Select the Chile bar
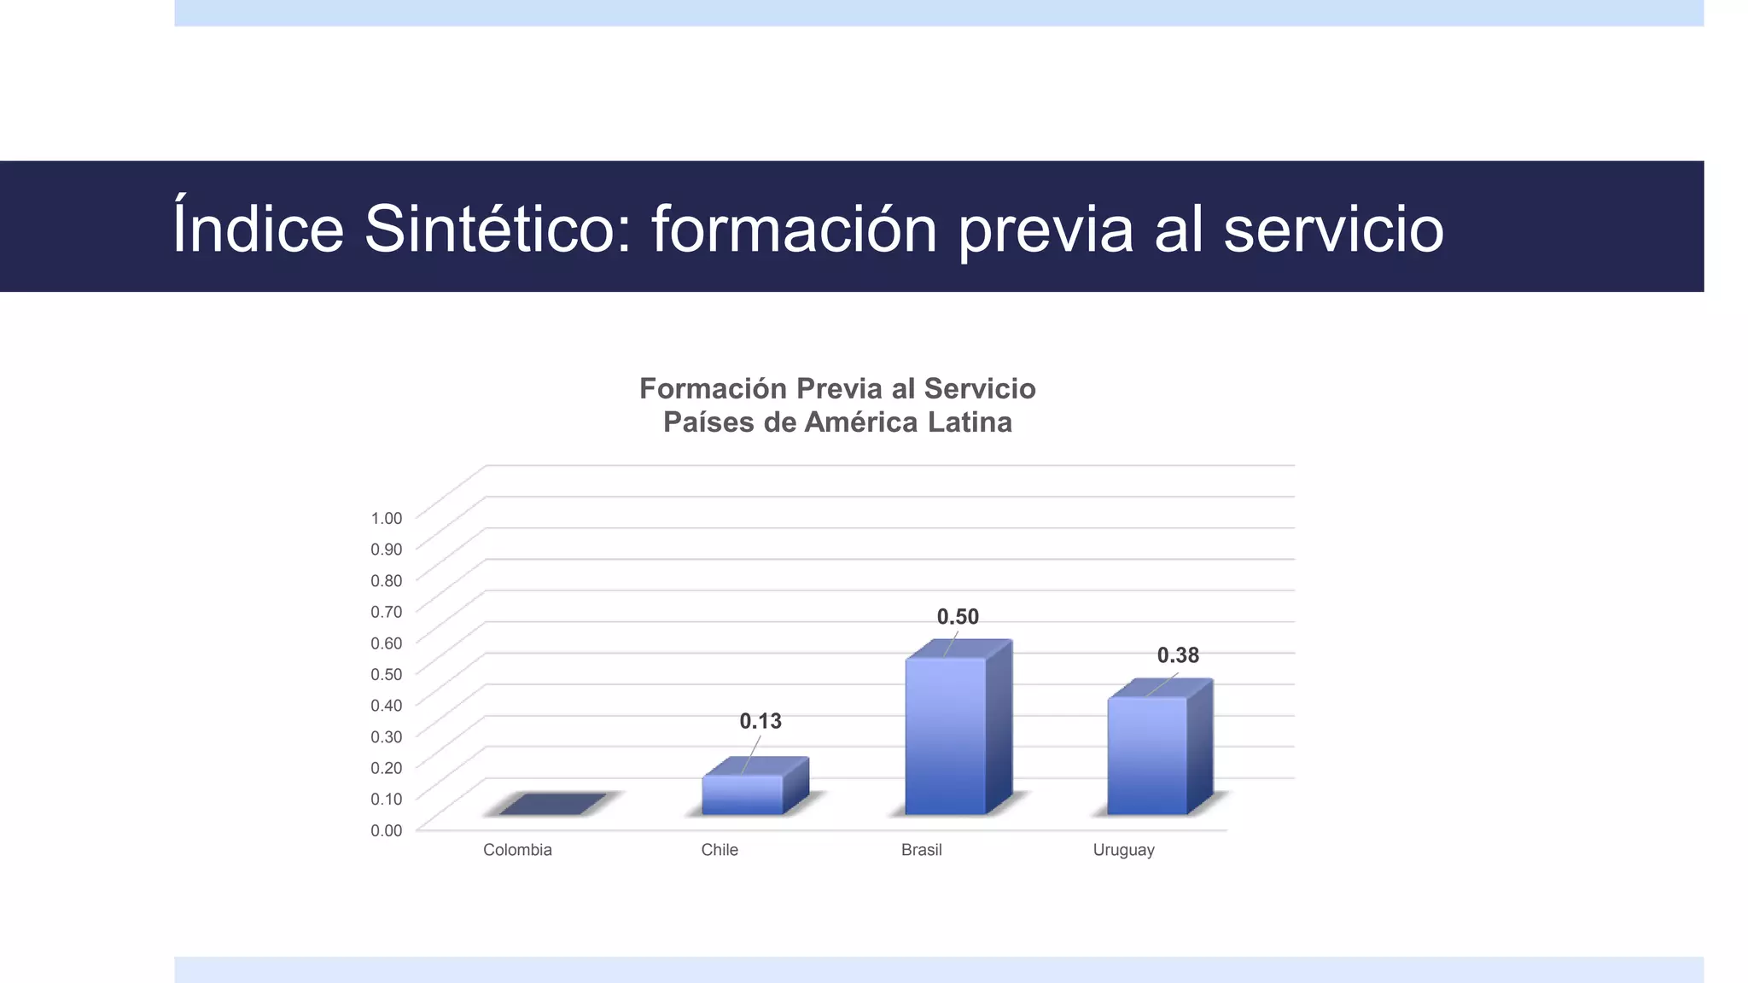click(x=743, y=794)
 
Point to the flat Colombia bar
click(x=552, y=804)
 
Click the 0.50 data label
click(x=958, y=617)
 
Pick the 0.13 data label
click(x=760, y=722)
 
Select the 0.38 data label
click(x=1178, y=655)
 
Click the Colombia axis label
click(x=517, y=850)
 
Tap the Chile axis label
click(x=720, y=850)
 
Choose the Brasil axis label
click(x=922, y=850)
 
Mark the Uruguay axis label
click(x=1123, y=851)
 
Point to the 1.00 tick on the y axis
click(x=386, y=518)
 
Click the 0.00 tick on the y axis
click(x=386, y=830)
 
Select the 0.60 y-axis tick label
click(x=386, y=643)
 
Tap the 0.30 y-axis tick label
click(x=386, y=736)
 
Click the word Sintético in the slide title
click(x=497, y=229)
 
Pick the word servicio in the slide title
click(x=1333, y=229)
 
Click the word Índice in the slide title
click(x=258, y=229)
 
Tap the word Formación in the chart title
click(x=713, y=389)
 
